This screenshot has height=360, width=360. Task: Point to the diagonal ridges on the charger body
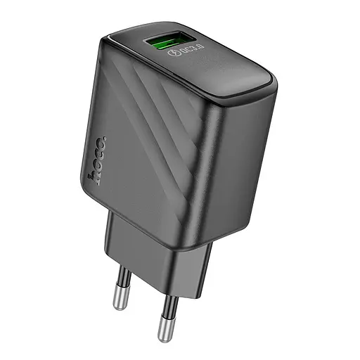183,134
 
